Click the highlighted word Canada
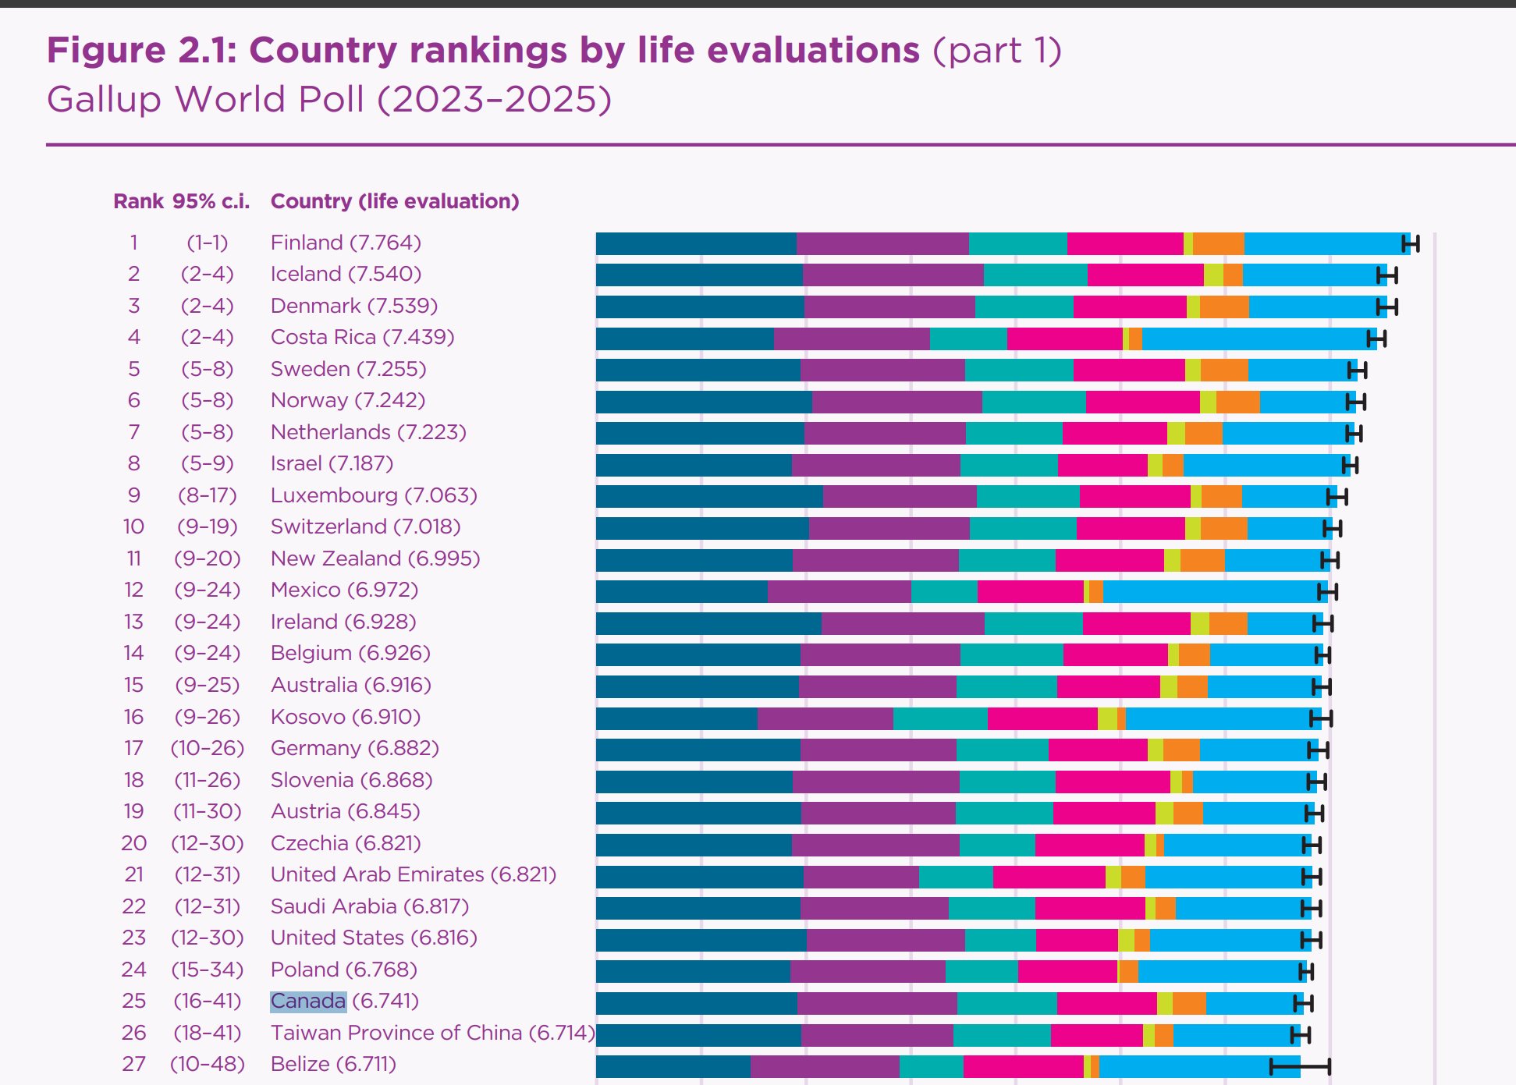coord(308,1001)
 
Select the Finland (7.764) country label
coord(346,243)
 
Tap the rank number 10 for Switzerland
coord(133,527)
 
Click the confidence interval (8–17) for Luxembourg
coord(207,495)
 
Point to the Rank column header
coord(138,201)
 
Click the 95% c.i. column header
coord(211,201)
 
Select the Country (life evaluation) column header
coord(394,201)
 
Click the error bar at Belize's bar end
coord(1300,1065)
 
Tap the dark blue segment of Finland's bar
coord(696,243)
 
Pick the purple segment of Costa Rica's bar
coord(851,339)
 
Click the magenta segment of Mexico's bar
coord(1030,591)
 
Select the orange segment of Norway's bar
coord(1237,402)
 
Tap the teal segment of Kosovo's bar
coord(940,718)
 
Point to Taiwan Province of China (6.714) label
coord(432,1033)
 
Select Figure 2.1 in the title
coord(141,50)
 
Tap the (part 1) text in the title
coord(997,50)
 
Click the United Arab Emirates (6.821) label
coord(413,874)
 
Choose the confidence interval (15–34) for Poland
coord(207,970)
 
